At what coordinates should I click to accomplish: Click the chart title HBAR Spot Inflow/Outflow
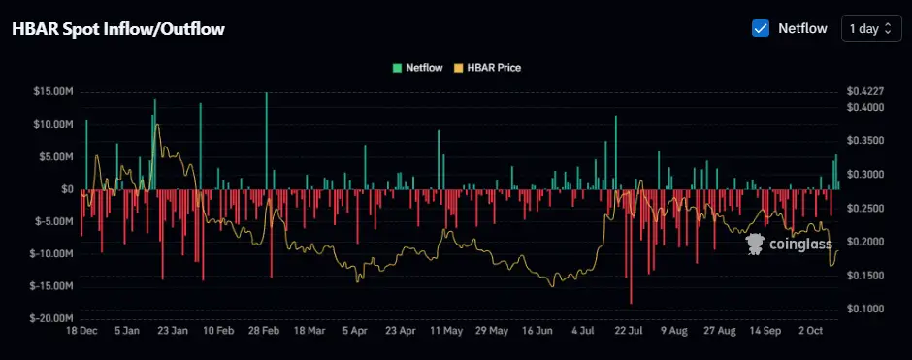(x=118, y=29)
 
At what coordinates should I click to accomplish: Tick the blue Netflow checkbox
(x=761, y=28)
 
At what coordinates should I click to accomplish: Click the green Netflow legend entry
(x=418, y=68)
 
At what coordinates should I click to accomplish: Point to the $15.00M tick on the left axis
(x=54, y=92)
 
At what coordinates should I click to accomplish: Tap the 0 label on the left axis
(x=68, y=189)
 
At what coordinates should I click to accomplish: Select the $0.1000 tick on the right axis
(x=865, y=309)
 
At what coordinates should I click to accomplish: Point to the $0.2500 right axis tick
(x=865, y=208)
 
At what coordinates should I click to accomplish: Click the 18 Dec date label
(x=81, y=331)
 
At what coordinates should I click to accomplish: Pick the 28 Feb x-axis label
(x=265, y=331)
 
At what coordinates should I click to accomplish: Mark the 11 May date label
(x=445, y=331)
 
